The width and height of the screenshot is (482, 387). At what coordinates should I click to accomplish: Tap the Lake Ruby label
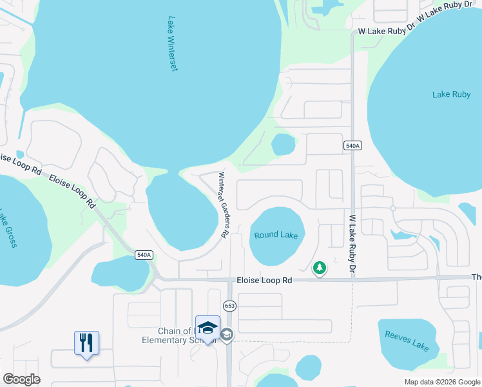451,94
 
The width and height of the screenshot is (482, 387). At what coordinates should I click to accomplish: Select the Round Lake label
276,235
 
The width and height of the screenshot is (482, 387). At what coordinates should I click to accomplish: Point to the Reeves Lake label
407,340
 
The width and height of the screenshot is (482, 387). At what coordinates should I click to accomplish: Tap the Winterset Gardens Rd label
224,206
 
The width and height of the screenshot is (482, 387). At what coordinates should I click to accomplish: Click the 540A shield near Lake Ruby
352,146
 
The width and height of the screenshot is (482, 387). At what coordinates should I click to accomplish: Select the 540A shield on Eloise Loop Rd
144,255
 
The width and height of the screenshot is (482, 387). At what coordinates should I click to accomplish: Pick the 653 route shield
229,305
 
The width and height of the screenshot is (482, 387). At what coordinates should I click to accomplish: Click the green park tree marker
319,268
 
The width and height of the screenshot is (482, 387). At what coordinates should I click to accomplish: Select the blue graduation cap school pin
207,328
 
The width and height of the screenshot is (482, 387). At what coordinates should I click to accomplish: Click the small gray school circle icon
226,334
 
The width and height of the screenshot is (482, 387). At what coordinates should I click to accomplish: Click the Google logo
21,379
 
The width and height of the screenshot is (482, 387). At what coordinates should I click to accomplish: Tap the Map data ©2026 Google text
441,382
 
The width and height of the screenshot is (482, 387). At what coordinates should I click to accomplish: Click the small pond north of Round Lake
283,144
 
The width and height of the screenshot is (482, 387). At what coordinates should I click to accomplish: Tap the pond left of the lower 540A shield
119,274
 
